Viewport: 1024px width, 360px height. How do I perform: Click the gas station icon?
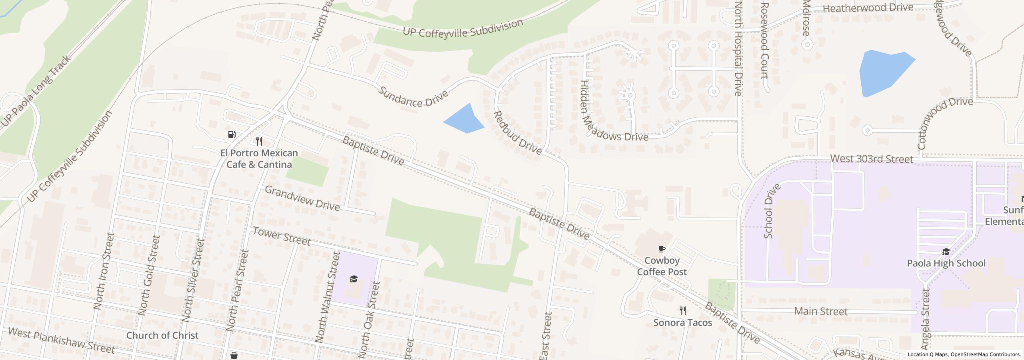[232, 134]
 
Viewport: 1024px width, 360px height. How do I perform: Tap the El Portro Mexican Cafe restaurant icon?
[259, 141]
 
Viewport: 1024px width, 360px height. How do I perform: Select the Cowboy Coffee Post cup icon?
[662, 249]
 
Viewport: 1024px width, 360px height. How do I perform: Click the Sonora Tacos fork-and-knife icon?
[683, 310]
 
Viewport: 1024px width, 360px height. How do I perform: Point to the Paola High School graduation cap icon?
[946, 252]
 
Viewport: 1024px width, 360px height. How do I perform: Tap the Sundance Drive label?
[413, 96]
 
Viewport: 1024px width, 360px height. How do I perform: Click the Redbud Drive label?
[518, 133]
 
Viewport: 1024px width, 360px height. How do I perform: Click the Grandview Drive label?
[302, 198]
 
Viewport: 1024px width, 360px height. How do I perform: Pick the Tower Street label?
[281, 236]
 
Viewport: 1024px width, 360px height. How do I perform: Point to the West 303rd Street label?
[872, 159]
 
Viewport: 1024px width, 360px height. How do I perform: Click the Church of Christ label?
[162, 335]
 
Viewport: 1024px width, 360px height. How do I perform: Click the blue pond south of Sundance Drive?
[465, 119]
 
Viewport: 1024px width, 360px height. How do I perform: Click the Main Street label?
[820, 311]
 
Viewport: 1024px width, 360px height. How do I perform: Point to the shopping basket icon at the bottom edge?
[234, 356]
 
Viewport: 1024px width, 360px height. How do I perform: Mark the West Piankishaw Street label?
[61, 341]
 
